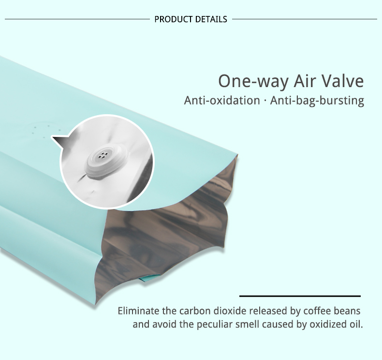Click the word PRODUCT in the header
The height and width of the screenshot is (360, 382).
[174, 19]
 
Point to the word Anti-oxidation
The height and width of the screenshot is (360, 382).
[222, 101]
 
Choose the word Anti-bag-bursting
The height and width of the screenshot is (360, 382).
[317, 101]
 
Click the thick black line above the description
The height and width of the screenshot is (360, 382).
[300, 296]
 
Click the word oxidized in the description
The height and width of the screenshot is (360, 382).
[327, 324]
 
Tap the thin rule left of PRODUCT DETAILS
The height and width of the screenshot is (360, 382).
[77, 19]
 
